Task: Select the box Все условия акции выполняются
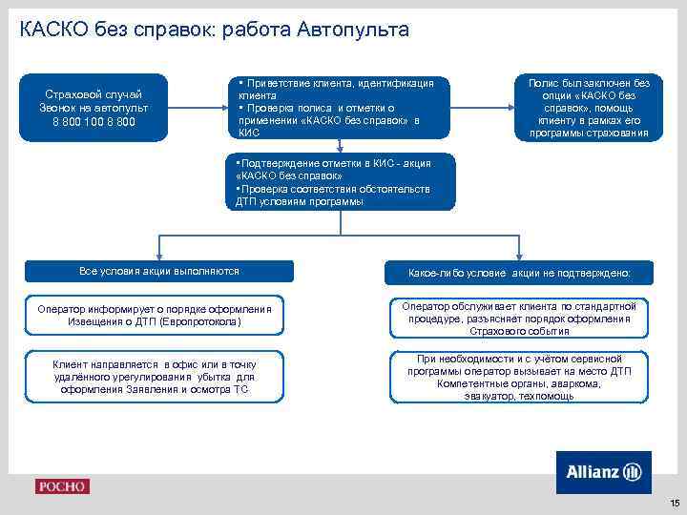[x=159, y=272]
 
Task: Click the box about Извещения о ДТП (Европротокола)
[x=156, y=316]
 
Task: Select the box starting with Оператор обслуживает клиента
[x=519, y=318]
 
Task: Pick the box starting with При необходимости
[x=519, y=377]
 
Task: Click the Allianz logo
[x=603, y=472]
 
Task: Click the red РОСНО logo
[x=62, y=486]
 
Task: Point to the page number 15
[x=674, y=503]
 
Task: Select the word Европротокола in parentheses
[x=200, y=322]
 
